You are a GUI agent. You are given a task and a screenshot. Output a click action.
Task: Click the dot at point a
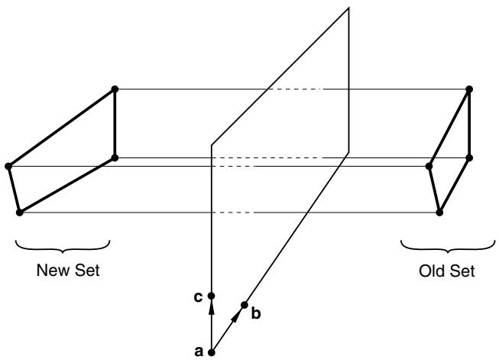point(212,352)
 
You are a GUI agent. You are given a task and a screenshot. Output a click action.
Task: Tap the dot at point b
point(244,305)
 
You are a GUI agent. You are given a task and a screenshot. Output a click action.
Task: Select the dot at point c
point(212,296)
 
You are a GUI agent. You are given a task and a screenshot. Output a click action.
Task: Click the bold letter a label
point(199,352)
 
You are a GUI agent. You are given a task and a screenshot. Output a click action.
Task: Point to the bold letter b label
point(256,313)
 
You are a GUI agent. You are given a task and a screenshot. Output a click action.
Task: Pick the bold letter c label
point(198,297)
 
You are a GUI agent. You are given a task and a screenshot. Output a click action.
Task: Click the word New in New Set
point(53,270)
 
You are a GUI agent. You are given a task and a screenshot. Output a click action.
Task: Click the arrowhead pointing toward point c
point(212,308)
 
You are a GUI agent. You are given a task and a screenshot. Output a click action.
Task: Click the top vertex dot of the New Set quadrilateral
point(115,89)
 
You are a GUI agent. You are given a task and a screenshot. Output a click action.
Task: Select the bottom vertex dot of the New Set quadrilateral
point(19,212)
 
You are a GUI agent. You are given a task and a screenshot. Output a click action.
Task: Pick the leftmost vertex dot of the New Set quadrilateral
point(8,166)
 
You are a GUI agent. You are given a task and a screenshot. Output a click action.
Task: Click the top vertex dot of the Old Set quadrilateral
point(469,89)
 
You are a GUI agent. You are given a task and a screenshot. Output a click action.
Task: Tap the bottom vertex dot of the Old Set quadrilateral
point(439,212)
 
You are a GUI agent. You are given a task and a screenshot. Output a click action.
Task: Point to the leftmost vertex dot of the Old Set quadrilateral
point(429,166)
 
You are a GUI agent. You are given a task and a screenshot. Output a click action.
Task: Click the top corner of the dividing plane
point(348,8)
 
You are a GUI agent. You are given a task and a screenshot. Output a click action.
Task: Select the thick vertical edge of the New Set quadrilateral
point(115,124)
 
